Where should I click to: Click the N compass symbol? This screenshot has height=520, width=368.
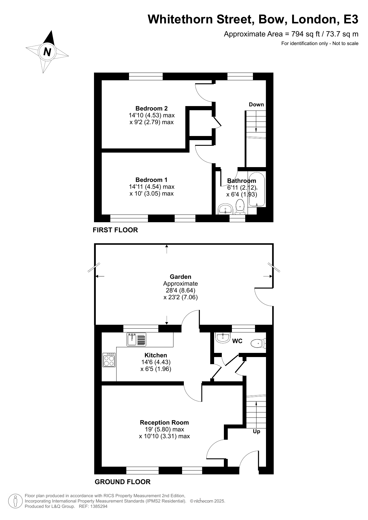pyautogui.click(x=47, y=52)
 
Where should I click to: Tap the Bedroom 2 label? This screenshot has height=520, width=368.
pyautogui.click(x=152, y=108)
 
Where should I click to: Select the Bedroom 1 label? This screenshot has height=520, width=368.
pyautogui.click(x=152, y=180)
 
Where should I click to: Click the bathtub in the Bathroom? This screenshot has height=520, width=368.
pyautogui.click(x=257, y=190)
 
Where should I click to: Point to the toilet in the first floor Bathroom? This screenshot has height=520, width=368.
pyautogui.click(x=240, y=207)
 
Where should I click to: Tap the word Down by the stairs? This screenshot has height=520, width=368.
pyautogui.click(x=256, y=105)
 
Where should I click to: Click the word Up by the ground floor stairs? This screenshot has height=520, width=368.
pyautogui.click(x=257, y=431)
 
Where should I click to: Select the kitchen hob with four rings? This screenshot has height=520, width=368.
pyautogui.click(x=109, y=360)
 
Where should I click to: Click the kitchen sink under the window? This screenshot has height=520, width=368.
pyautogui.click(x=136, y=340)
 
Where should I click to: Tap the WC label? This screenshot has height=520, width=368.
pyautogui.click(x=237, y=341)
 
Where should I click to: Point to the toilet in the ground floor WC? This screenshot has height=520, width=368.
pyautogui.click(x=258, y=343)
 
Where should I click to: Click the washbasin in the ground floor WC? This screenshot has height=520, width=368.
pyautogui.click(x=223, y=338)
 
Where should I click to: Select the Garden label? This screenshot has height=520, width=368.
pyautogui.click(x=180, y=277)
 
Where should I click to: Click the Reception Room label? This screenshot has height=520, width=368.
pyautogui.click(x=164, y=423)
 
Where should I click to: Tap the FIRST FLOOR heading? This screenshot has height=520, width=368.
pyautogui.click(x=115, y=230)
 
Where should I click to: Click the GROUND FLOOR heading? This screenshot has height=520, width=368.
pyautogui.click(x=122, y=482)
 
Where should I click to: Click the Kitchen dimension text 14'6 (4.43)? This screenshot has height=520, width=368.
pyautogui.click(x=156, y=362)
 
